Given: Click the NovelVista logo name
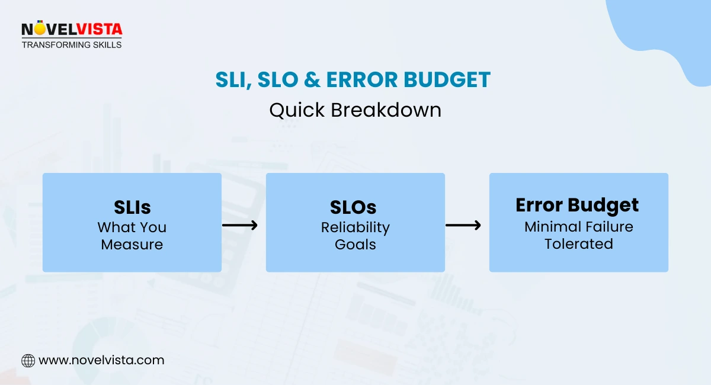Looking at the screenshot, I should (x=72, y=29).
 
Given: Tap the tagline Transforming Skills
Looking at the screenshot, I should (x=72, y=44).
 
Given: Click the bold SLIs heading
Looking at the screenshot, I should (x=132, y=207).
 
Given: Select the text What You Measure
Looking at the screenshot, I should (x=132, y=236).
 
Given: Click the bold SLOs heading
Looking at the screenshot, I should (x=355, y=207).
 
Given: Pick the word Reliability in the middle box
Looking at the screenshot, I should (x=355, y=227).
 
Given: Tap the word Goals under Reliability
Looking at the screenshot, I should (x=355, y=245).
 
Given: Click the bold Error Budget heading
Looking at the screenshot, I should (x=577, y=205).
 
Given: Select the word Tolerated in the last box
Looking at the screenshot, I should (x=578, y=243).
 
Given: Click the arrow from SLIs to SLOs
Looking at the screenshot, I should (x=240, y=225).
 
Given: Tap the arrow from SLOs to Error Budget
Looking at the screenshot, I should (x=463, y=225).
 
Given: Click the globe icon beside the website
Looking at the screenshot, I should (x=28, y=360).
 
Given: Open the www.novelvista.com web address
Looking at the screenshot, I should (x=101, y=360).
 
